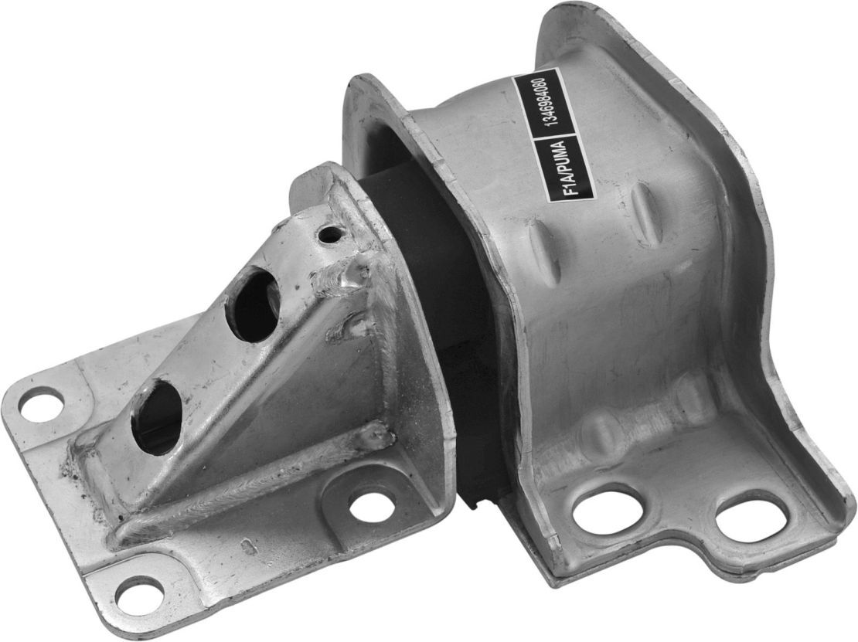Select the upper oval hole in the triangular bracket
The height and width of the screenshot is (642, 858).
pyautogui.click(x=253, y=304)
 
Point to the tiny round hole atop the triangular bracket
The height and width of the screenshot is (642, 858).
pyautogui.click(x=332, y=233)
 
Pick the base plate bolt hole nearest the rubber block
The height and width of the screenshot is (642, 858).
pyautogui.click(x=372, y=506)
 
